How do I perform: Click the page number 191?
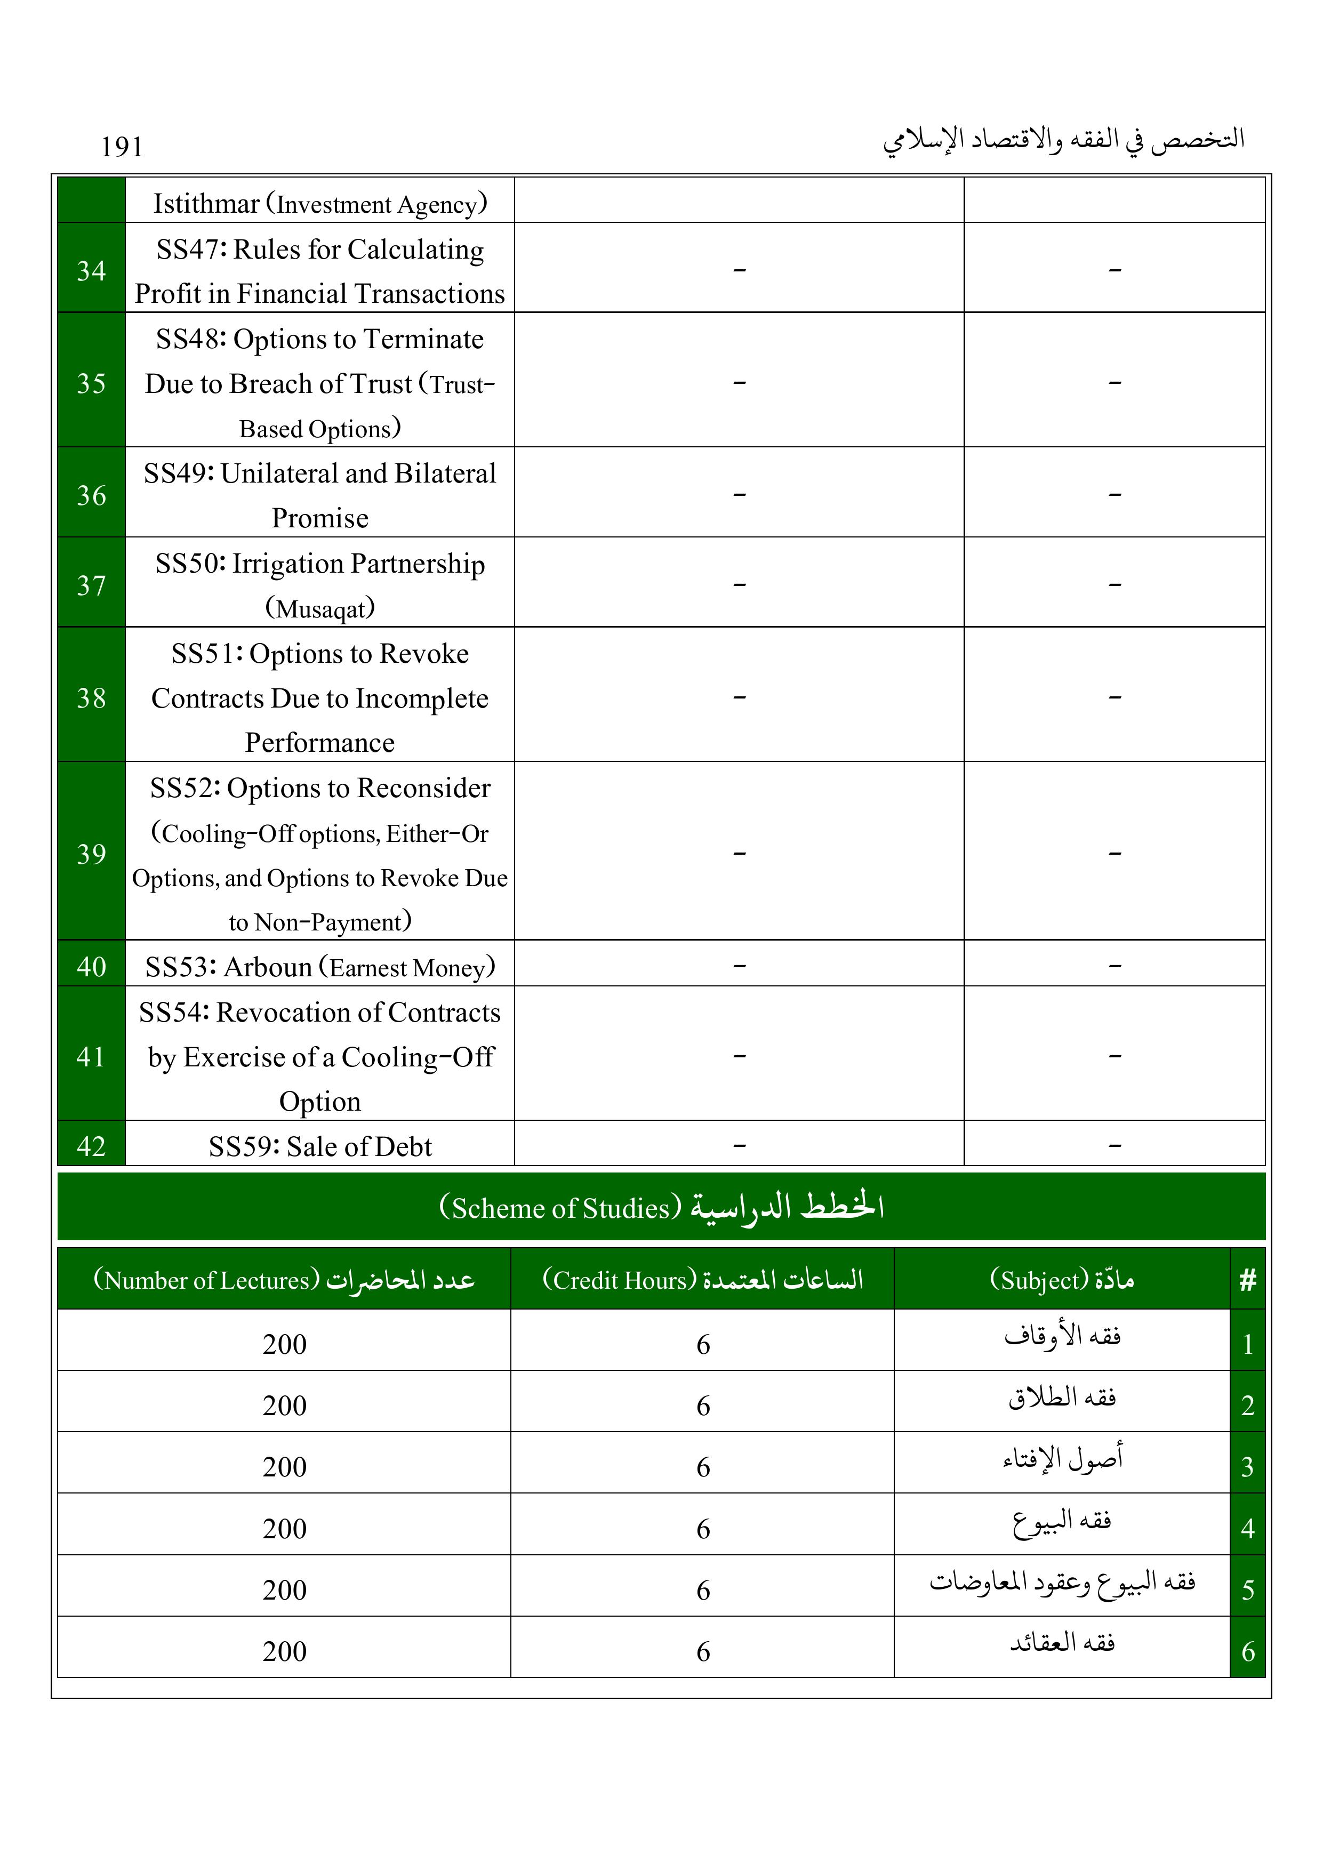(x=122, y=147)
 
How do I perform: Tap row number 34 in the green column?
(x=91, y=270)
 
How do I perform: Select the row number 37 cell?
(x=91, y=584)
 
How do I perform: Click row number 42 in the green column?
(x=91, y=1146)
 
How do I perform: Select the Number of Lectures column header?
(x=284, y=1279)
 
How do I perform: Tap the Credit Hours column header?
(x=703, y=1279)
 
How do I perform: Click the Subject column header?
(x=1061, y=1279)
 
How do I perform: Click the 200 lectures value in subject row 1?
(x=284, y=1344)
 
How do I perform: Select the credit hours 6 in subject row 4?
(x=703, y=1528)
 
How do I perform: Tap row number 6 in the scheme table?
(x=1247, y=1651)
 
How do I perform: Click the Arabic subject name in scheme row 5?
(x=1061, y=1583)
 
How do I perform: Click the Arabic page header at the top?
(x=1064, y=140)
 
